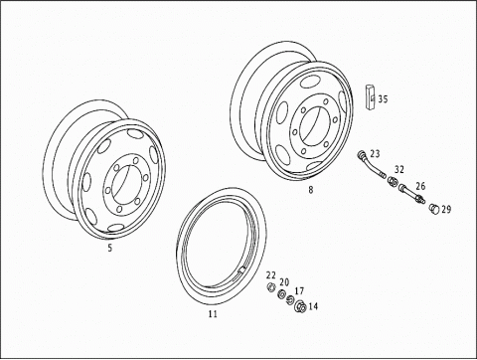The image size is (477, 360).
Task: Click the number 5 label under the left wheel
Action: [110, 248]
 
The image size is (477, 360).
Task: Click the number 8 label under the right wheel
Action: [311, 190]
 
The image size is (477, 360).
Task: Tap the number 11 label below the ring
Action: [213, 313]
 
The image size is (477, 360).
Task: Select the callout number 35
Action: [383, 98]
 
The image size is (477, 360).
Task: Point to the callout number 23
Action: [375, 154]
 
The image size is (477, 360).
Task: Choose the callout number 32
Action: [399, 169]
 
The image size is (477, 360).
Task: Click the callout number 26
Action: [420, 186]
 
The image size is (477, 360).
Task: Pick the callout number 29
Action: [446, 209]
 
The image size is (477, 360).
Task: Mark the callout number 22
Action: [271, 275]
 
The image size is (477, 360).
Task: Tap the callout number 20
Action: [284, 282]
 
